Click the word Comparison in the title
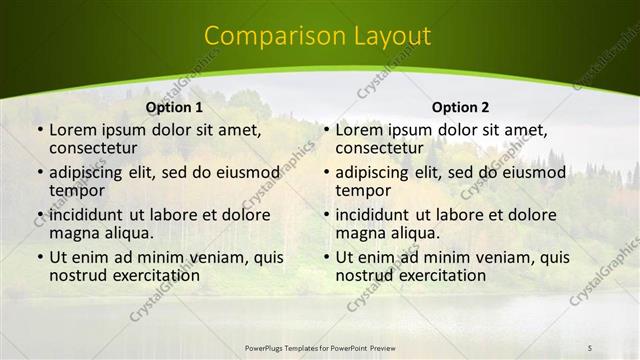click(268, 37)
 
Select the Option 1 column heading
click(174, 107)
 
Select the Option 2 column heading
click(460, 107)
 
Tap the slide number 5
click(590, 347)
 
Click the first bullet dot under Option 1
click(38, 130)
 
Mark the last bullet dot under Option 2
click(324, 257)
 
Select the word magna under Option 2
click(360, 233)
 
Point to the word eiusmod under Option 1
click(242, 172)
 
